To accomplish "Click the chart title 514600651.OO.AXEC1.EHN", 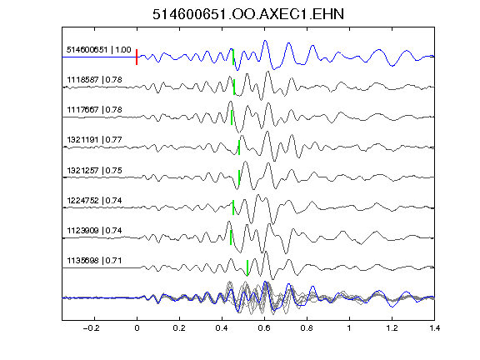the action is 248,14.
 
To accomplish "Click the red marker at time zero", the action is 137,57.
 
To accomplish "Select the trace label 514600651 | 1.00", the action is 99,50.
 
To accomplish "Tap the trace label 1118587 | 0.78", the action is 95,80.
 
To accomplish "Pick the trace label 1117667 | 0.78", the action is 95,110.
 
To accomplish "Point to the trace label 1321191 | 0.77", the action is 95,140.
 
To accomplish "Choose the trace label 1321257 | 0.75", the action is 95,170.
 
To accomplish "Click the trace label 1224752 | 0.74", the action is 95,201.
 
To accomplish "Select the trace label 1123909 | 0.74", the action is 95,230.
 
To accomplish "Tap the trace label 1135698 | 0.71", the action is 95,261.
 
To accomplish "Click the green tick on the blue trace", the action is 233,57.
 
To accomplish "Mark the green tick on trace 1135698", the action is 247,267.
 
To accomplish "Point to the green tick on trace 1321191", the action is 239,147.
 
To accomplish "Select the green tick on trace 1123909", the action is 231,237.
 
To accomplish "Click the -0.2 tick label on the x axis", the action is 91,328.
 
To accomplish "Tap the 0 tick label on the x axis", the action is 137,328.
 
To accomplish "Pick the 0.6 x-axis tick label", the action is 264,328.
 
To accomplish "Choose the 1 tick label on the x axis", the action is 349,328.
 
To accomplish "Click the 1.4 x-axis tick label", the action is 434,328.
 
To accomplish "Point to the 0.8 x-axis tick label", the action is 307,328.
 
